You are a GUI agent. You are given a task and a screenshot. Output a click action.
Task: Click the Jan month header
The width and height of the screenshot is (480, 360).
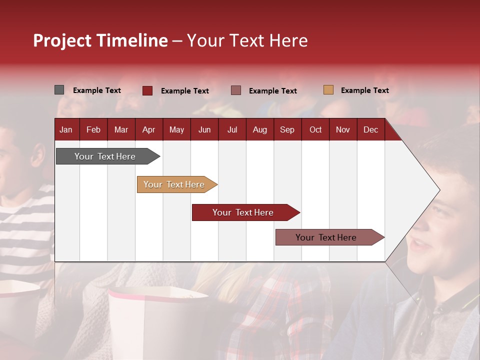click(66, 129)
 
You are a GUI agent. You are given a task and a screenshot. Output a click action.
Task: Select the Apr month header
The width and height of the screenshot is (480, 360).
click(148, 129)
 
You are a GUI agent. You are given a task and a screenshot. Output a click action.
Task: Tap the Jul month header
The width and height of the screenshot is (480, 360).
click(232, 129)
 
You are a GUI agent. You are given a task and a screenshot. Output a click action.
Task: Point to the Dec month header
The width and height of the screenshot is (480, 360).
click(370, 129)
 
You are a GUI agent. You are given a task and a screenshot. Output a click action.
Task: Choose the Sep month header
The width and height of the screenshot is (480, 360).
click(287, 129)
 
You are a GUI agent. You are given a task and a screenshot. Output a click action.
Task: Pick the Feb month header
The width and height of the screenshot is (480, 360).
click(93, 129)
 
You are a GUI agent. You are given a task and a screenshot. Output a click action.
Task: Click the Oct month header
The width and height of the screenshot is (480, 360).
click(315, 129)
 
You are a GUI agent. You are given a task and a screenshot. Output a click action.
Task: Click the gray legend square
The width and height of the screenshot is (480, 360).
click(59, 90)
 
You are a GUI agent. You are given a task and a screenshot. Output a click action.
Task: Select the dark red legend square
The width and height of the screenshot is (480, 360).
click(147, 90)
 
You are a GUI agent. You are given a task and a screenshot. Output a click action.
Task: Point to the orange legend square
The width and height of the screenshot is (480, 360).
click(328, 90)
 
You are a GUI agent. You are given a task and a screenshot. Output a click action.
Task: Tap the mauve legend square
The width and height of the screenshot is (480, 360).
click(236, 90)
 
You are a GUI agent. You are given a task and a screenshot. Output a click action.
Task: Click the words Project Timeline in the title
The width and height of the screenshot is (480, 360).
click(100, 40)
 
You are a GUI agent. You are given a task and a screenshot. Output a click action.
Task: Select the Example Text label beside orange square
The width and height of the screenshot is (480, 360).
click(364, 90)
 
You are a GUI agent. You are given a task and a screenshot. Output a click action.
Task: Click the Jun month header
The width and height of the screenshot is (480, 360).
click(204, 129)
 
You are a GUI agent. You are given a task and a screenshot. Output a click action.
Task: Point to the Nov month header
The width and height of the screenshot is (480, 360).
click(343, 129)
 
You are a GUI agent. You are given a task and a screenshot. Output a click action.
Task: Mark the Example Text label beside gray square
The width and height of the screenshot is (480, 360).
click(97, 90)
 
